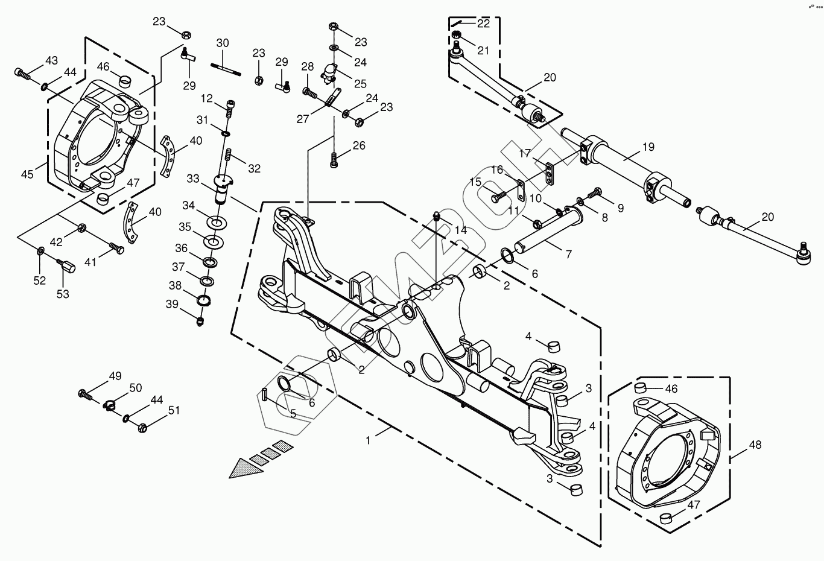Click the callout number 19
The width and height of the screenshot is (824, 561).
pos(648,147)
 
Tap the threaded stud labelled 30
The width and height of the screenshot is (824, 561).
pos(226,70)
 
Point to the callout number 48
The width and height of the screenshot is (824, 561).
pos(755,445)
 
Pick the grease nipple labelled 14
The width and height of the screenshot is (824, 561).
pos(437,215)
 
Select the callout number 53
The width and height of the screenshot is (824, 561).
pos(63,294)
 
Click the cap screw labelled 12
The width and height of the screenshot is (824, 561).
pos(230,109)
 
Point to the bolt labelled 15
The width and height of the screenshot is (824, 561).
pos(499,196)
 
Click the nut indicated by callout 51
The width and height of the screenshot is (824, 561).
pos(143,428)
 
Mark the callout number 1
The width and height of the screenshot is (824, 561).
pos(368,440)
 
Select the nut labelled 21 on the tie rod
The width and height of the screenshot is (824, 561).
pos(456,36)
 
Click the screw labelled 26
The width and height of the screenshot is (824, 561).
pos(334,160)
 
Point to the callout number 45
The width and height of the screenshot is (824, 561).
pos(27,174)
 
